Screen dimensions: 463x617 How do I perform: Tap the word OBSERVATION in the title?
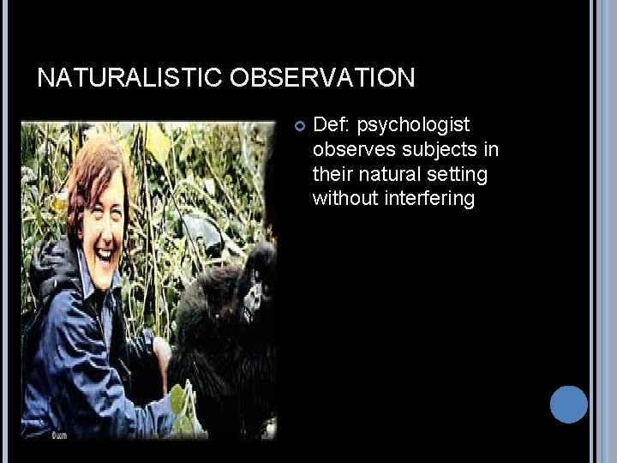point(322,78)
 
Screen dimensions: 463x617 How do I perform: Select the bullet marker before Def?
point(301,127)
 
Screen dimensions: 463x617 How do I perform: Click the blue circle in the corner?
point(568,404)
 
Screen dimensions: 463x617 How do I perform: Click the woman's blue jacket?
point(77,360)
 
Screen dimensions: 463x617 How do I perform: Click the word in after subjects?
point(489,150)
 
